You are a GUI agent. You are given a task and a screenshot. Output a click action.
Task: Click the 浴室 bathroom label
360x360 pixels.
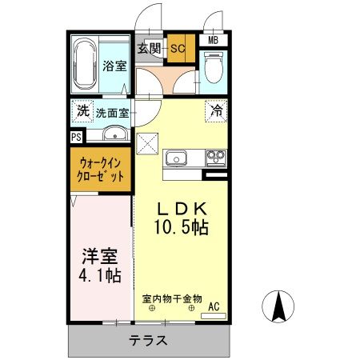[x=114, y=66]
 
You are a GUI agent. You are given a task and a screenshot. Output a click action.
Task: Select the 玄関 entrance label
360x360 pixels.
[x=149, y=48]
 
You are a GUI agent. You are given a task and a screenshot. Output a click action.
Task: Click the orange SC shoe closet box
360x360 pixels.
[x=177, y=48]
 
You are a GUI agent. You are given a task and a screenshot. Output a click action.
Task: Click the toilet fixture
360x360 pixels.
[x=214, y=68]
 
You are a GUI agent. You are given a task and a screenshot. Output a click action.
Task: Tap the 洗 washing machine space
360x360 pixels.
[x=82, y=112]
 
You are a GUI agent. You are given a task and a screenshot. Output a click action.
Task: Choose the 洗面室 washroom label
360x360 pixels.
[x=113, y=113]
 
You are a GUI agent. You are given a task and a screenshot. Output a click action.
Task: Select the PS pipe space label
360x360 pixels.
[x=75, y=137]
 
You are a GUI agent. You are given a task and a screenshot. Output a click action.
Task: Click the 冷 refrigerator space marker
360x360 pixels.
[x=216, y=111]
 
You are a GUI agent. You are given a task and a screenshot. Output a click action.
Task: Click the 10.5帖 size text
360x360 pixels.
[x=182, y=228]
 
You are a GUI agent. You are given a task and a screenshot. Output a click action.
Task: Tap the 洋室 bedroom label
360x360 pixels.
[x=100, y=258]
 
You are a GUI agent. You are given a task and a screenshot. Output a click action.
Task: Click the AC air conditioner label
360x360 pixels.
[x=214, y=306]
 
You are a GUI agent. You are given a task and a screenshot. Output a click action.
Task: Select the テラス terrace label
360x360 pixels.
[x=148, y=340]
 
